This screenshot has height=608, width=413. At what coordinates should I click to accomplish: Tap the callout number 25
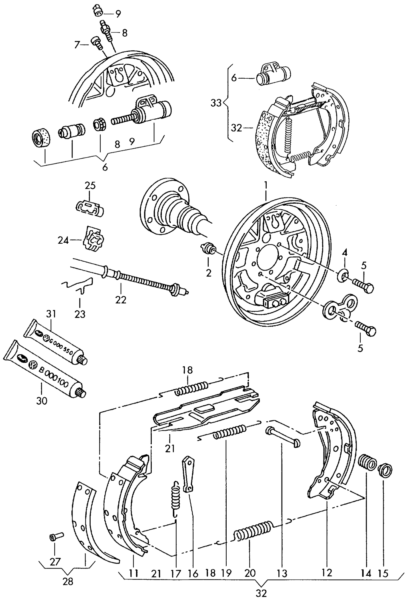90,186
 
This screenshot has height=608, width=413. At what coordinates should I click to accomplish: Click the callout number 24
63,241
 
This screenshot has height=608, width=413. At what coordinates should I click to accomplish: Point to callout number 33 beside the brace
216,103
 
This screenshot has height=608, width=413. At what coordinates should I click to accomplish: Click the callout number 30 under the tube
42,401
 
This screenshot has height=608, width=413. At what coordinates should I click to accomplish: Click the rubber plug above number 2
209,247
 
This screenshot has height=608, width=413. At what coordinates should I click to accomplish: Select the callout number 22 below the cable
121,300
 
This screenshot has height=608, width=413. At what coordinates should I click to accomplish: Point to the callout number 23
80,314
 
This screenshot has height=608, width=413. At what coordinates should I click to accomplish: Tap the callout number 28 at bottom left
68,581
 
